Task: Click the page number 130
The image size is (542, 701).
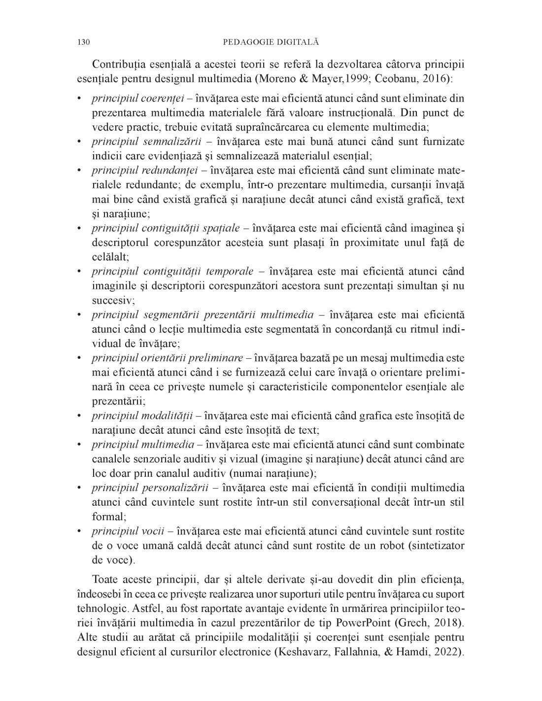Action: coord(83,42)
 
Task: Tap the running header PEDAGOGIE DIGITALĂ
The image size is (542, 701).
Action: coord(271,42)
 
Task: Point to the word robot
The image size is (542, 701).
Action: coord(379,546)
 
